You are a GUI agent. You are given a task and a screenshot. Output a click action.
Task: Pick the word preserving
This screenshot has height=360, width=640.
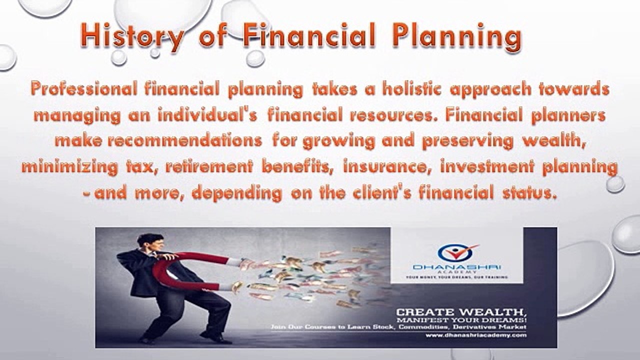[468, 141]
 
